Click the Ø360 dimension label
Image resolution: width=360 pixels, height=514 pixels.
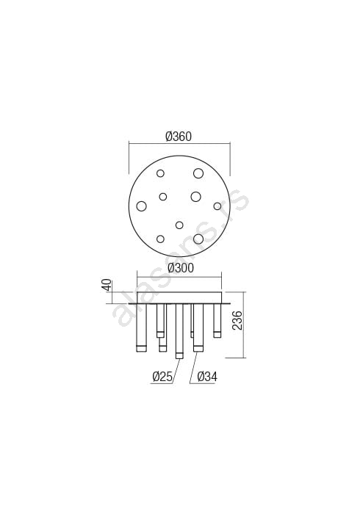coord(179,137)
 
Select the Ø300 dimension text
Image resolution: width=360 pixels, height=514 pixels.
coord(181,268)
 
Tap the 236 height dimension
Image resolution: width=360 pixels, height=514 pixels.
coord(238,320)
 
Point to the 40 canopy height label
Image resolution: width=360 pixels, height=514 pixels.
coord(107,285)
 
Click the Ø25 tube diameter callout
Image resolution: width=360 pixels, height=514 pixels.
coord(162,377)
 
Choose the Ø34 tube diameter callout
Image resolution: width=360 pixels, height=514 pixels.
coord(207,377)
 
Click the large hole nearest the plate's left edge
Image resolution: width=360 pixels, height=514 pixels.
coord(141,206)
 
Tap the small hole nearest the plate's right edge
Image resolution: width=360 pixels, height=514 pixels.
coord(217,206)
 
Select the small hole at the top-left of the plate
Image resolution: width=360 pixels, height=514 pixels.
coord(160,173)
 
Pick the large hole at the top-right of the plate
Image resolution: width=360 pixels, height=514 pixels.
coord(198,173)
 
